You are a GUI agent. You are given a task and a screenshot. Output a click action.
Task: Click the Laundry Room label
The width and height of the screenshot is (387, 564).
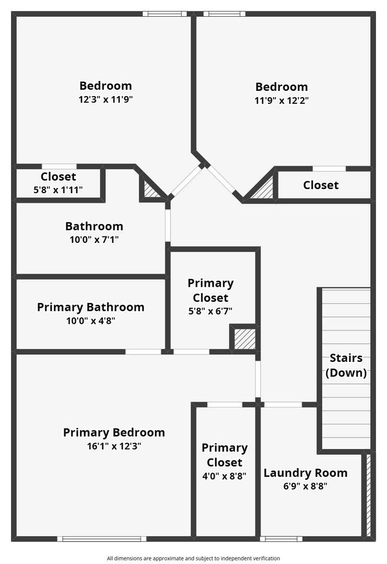click(306, 473)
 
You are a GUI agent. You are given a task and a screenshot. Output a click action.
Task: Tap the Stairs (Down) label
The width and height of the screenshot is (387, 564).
click(346, 365)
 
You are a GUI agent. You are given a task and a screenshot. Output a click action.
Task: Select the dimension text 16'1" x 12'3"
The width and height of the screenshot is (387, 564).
click(114, 446)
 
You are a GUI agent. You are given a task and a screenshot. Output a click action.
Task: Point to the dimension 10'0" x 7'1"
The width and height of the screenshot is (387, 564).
click(94, 239)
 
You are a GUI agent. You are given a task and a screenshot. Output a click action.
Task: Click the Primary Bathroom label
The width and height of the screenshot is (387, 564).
click(91, 307)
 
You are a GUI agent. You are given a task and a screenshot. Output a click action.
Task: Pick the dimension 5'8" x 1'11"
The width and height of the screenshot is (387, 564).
click(58, 190)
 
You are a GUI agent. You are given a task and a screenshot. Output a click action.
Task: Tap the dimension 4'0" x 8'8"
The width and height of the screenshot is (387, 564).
click(225, 476)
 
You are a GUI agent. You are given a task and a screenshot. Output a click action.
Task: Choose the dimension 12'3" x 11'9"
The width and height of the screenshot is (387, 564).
click(105, 99)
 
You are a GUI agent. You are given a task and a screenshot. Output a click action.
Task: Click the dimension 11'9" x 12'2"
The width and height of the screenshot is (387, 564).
click(282, 100)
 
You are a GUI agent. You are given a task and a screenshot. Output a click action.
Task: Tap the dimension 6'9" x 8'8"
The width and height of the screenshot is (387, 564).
click(306, 486)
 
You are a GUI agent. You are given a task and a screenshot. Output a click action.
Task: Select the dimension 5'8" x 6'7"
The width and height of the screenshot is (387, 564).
click(210, 311)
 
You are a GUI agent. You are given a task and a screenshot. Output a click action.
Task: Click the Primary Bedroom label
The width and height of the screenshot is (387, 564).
click(114, 432)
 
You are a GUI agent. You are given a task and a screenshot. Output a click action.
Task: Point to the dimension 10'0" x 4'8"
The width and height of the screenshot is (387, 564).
click(91, 321)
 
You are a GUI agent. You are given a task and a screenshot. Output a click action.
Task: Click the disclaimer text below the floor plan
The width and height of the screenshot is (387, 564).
click(193, 558)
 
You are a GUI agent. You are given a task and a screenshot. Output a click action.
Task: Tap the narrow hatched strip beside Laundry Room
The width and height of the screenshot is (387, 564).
click(368, 495)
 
